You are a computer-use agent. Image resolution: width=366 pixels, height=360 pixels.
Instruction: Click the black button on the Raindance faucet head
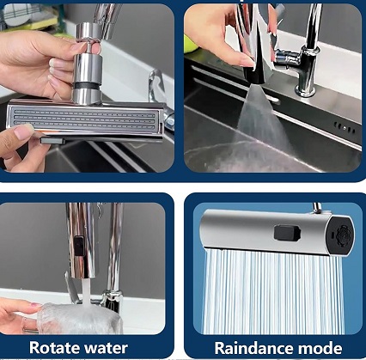(x=287, y=233)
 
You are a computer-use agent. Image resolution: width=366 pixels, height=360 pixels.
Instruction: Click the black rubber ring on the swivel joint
(x=88, y=85)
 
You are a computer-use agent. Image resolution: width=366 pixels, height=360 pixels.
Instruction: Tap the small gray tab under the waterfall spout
(x=52, y=140)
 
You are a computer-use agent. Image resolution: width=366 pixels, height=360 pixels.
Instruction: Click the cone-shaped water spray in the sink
(x=258, y=118)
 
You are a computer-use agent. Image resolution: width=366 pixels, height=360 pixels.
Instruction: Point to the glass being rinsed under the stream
(x=80, y=319)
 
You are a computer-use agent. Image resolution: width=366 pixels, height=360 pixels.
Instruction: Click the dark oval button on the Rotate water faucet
(x=78, y=246)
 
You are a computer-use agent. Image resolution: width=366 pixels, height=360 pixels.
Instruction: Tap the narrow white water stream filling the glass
(x=86, y=290)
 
